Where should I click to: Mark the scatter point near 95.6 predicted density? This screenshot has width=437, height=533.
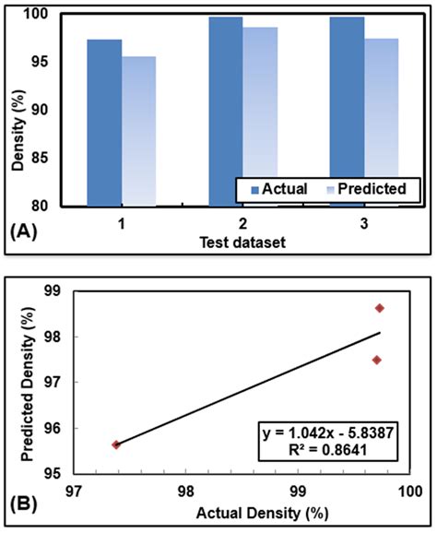click(x=116, y=444)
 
